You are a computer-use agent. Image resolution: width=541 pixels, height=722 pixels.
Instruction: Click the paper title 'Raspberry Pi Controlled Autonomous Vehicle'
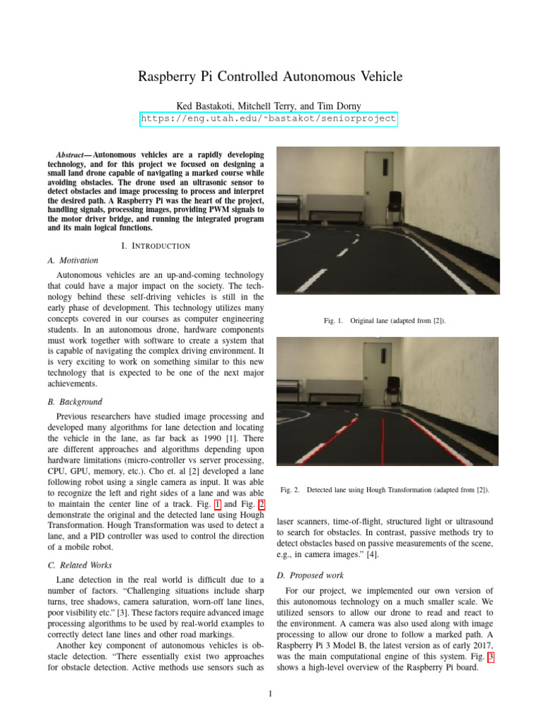[x=270, y=77]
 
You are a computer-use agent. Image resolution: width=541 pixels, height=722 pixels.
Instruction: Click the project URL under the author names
[x=269, y=119]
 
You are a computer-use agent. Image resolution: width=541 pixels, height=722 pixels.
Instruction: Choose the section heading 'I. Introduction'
[x=156, y=245]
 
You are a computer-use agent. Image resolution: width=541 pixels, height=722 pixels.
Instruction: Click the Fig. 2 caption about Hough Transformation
[x=385, y=489]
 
